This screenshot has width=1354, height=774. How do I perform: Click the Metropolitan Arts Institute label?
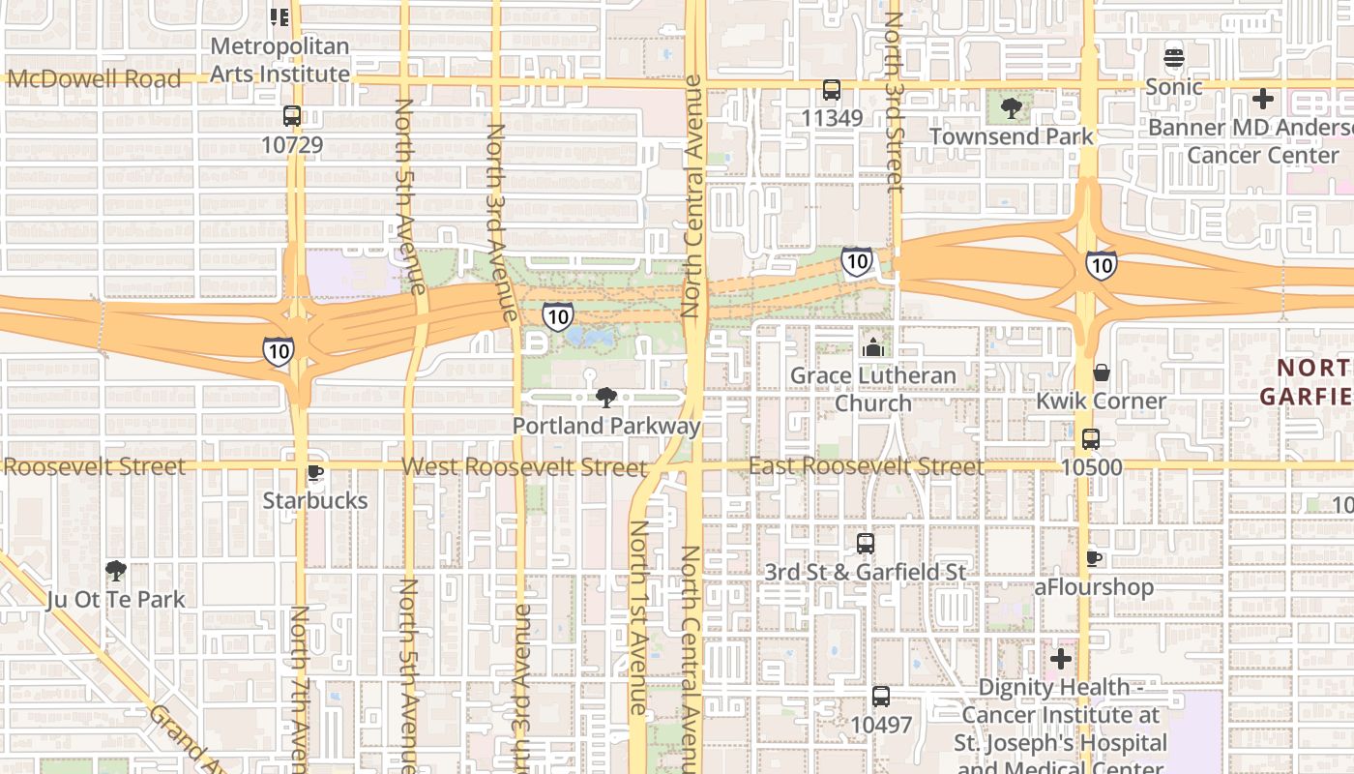pos(280,60)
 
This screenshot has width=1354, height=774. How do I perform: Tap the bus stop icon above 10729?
pos(291,116)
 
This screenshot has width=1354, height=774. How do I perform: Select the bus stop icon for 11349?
pos(831,90)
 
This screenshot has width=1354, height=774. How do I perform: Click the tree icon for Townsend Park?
pos(1011,108)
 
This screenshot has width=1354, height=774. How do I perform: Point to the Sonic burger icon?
pos(1174,58)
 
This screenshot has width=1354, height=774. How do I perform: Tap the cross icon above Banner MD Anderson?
pos(1262,99)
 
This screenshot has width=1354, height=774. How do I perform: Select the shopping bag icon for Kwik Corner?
pos(1101,372)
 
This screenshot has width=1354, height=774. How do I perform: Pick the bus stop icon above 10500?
pos(1091,439)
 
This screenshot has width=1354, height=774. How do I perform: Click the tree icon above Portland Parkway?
pos(606,397)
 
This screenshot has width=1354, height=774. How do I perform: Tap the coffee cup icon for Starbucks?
pos(314,472)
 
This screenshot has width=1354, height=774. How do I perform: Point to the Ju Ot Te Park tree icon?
pos(116,571)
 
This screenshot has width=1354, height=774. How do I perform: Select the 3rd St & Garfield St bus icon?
pos(865,544)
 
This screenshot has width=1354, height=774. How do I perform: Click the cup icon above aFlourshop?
pos(1094,558)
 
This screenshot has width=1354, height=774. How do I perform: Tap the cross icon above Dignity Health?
pos(1061,659)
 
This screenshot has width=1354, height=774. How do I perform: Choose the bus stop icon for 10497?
pos(880,696)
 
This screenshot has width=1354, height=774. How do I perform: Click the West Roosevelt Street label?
pos(523,467)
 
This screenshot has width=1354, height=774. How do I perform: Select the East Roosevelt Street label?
pos(866,466)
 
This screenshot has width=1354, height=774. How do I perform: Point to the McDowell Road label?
pos(94,79)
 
